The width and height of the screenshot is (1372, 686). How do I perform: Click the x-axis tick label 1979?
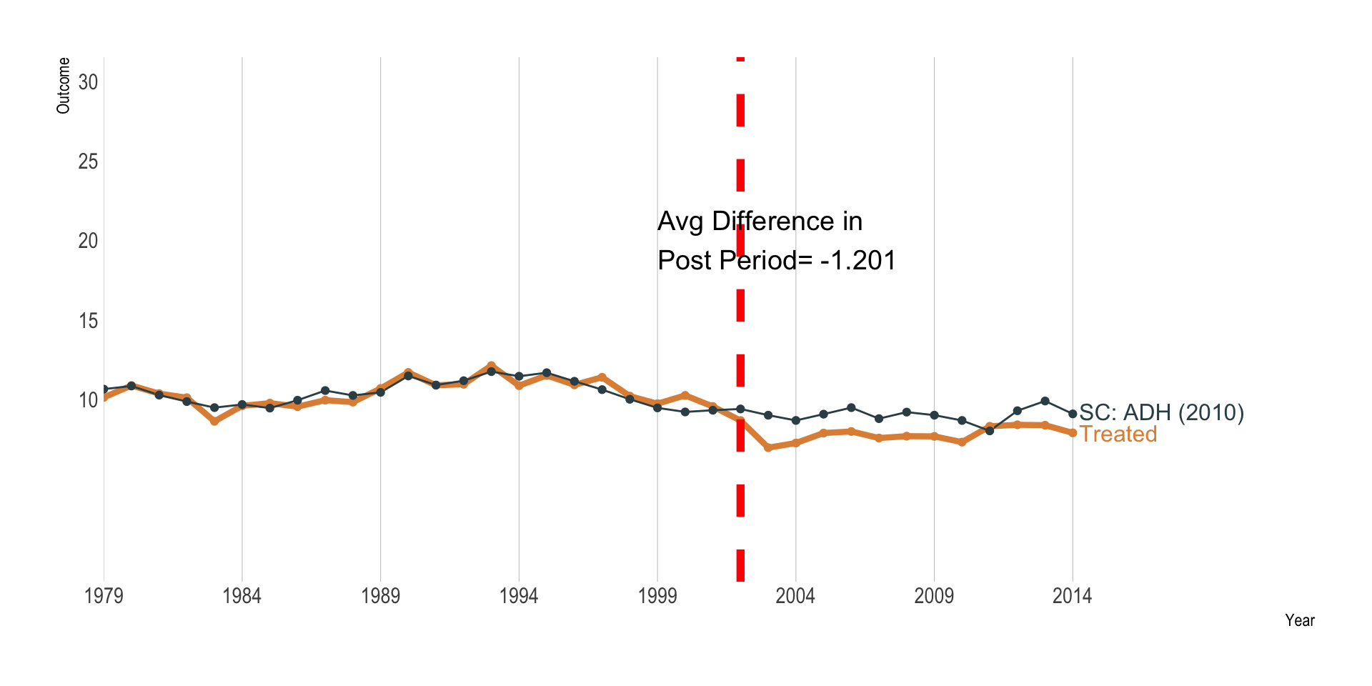click(x=104, y=596)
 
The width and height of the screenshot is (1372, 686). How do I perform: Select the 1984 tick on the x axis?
click(x=242, y=596)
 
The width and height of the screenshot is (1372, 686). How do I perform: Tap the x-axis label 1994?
click(x=518, y=596)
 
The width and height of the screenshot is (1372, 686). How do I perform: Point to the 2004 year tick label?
click(x=795, y=596)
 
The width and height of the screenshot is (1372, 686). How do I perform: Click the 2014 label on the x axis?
click(x=1072, y=596)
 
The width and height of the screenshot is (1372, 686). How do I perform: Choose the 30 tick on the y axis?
click(x=88, y=82)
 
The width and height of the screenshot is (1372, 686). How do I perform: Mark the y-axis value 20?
click(x=88, y=241)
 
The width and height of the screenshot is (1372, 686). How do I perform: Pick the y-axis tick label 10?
click(x=88, y=400)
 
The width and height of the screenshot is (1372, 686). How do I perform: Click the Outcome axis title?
click(x=64, y=86)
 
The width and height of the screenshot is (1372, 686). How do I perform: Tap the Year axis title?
click(x=1299, y=620)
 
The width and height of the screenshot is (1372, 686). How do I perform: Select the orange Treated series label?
click(x=1118, y=434)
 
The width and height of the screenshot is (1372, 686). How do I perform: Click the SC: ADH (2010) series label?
click(x=1161, y=412)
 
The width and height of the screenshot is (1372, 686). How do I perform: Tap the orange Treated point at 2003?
click(x=768, y=447)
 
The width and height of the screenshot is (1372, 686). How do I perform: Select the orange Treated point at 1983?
click(x=214, y=422)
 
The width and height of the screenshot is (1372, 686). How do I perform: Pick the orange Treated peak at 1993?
click(x=491, y=366)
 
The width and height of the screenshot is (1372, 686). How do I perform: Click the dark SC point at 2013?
click(x=1045, y=401)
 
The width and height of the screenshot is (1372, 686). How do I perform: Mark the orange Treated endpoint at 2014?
click(x=1073, y=433)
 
